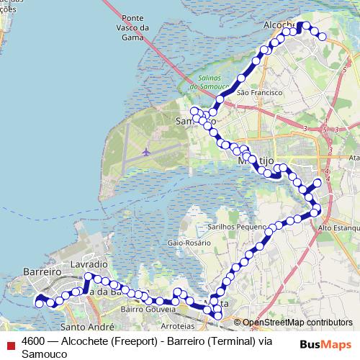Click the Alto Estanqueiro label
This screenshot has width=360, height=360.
(x=338, y=228)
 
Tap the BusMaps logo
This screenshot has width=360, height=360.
(x=325, y=344)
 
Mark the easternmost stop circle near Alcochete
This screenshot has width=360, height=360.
(x=323, y=36)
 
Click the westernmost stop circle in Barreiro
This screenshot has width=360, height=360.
(x=40, y=303)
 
